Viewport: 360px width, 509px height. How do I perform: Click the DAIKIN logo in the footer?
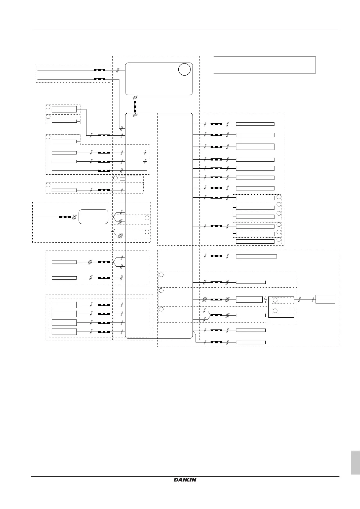click(185, 480)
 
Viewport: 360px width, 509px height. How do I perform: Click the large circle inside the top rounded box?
click(184, 70)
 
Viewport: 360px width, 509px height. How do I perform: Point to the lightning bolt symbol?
click(265, 300)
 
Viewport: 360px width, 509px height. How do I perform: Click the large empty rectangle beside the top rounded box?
click(264, 65)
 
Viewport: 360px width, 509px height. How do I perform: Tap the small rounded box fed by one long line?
click(93, 217)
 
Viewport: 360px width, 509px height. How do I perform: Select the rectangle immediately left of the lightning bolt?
click(249, 300)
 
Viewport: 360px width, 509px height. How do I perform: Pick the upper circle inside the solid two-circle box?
click(275, 300)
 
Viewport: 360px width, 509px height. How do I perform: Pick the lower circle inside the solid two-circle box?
click(275, 311)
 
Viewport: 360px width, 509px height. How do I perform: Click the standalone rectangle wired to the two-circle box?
click(325, 299)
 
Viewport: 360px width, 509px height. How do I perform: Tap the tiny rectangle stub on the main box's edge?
click(122, 179)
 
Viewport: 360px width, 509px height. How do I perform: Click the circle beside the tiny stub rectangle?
click(115, 178)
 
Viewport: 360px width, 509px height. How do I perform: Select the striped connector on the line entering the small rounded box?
click(65, 217)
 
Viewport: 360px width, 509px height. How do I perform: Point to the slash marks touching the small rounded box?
click(74, 217)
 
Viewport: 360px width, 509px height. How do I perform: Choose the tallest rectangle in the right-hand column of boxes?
click(255, 147)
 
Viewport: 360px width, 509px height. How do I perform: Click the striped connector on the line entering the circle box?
click(99, 70)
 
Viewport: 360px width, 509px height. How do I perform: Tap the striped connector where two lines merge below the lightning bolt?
click(216, 315)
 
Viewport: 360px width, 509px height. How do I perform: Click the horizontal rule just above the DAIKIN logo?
click(185, 477)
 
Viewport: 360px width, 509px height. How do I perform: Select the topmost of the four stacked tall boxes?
click(64, 305)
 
